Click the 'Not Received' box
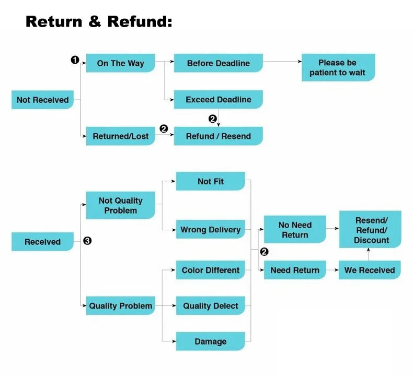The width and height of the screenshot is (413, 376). click(42, 100)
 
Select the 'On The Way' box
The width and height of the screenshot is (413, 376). click(120, 63)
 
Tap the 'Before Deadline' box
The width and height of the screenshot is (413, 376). click(218, 63)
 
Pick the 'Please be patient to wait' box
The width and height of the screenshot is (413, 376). click(338, 68)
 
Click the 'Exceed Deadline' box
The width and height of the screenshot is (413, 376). click(218, 100)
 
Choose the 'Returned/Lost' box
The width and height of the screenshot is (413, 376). click(120, 136)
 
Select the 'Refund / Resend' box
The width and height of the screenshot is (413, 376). click(218, 136)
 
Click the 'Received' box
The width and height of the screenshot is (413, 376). click(42, 242)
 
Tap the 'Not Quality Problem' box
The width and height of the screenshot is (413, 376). click(120, 205)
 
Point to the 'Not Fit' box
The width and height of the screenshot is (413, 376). click(210, 181)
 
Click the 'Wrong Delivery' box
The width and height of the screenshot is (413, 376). click(210, 230)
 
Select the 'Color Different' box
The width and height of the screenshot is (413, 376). click(210, 270)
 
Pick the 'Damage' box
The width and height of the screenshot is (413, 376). click(210, 342)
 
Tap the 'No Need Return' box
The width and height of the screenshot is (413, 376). click(295, 230)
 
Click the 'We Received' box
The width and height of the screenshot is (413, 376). click(369, 270)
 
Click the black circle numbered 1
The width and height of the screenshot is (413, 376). click(75, 60)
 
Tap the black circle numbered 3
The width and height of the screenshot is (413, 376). click(87, 241)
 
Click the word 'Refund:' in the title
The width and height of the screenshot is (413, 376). click(140, 22)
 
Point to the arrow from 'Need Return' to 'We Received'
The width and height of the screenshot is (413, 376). click(332, 271)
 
